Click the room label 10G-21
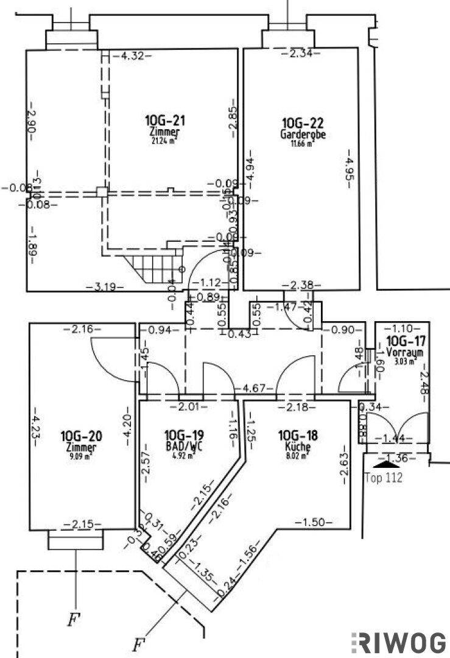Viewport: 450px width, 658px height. [164, 119]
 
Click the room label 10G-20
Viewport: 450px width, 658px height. [81, 436]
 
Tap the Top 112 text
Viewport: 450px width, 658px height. [384, 478]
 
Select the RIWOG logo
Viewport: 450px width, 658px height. [399, 643]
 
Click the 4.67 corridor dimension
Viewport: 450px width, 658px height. [255, 387]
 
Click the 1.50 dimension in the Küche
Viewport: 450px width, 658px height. [314, 522]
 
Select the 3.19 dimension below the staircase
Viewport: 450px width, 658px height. [102, 285]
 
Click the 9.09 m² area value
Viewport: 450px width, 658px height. [80, 457]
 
